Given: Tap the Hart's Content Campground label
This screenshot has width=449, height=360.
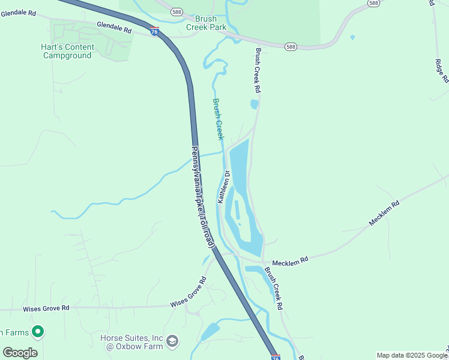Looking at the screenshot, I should [x=67, y=52].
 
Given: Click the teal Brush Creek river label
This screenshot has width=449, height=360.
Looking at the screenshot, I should [x=218, y=119].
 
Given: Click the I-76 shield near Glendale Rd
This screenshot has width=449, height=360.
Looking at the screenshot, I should [x=155, y=32].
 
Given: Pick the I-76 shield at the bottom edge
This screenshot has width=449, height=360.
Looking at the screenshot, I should [x=276, y=357].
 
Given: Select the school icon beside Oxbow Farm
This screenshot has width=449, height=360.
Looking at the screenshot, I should [x=172, y=341].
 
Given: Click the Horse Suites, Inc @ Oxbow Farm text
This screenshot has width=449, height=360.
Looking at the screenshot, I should [x=131, y=342].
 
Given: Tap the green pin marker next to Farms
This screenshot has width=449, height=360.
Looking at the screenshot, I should [x=38, y=331].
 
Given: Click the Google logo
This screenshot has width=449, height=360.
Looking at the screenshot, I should [x=20, y=353].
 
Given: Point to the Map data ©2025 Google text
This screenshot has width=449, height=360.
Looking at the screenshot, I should [x=412, y=355].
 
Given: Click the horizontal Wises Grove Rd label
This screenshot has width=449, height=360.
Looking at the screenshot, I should [x=46, y=308].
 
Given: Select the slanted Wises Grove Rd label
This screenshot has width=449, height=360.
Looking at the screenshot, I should [x=188, y=292].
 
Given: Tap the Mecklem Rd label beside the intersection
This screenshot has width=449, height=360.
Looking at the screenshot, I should [x=290, y=262].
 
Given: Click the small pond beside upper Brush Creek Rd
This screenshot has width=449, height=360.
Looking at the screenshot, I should [x=254, y=104].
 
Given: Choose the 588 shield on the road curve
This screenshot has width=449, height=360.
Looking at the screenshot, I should [x=291, y=46].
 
